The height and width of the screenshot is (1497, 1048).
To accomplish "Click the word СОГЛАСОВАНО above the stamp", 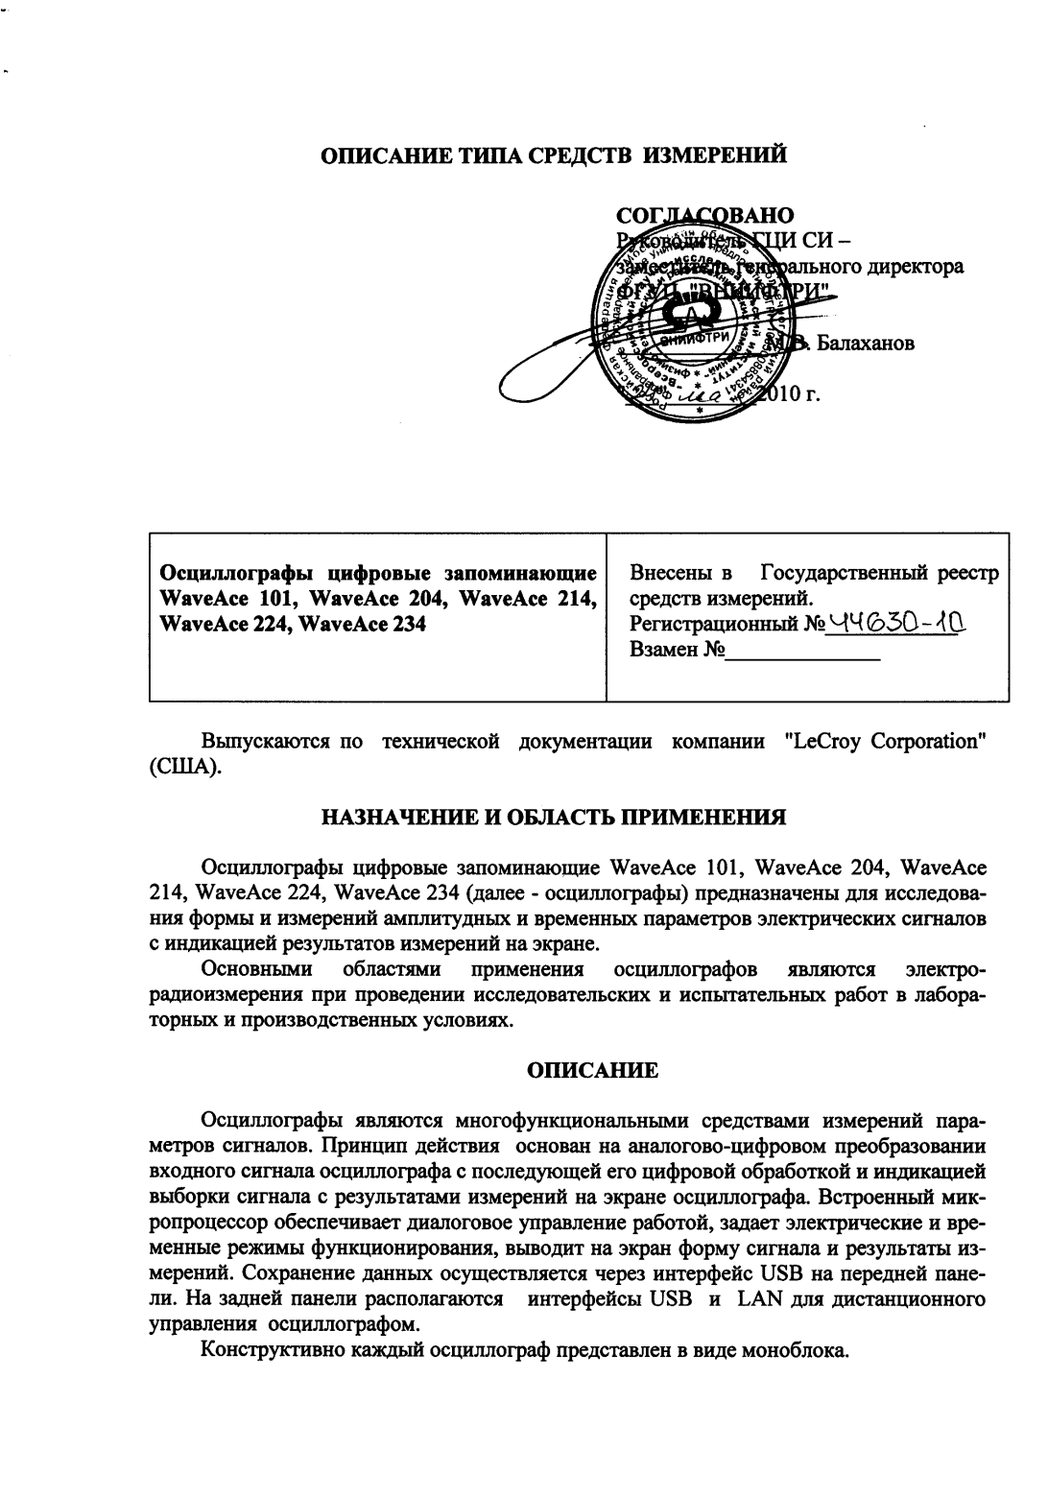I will click(x=704, y=214).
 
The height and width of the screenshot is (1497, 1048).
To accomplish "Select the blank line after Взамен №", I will click(x=803, y=657).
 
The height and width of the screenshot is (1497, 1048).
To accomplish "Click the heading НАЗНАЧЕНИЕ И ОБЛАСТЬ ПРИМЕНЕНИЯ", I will click(x=554, y=819).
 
